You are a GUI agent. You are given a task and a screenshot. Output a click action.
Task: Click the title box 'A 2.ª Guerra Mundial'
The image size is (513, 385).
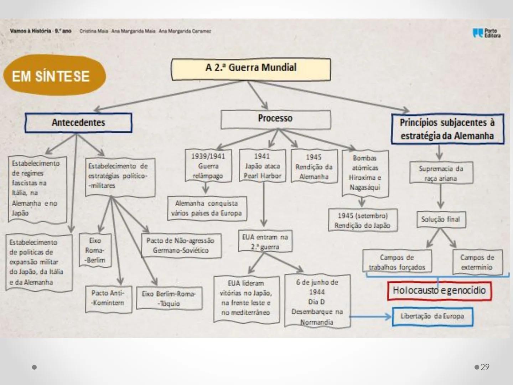click(251, 69)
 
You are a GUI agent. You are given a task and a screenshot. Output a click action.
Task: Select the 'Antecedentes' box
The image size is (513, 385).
click(78, 123)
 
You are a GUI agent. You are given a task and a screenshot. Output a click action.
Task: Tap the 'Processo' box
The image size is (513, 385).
click(275, 119)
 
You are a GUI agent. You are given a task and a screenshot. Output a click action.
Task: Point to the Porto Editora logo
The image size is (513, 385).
click(487, 33)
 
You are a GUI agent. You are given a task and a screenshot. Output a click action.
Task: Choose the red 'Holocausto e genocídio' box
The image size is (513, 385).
click(439, 291)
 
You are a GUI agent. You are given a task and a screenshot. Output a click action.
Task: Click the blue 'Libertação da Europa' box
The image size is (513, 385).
click(432, 316)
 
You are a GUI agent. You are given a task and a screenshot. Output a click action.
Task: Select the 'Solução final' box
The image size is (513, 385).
click(441, 219)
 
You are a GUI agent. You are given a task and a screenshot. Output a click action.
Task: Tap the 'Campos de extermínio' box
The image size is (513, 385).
click(477, 262)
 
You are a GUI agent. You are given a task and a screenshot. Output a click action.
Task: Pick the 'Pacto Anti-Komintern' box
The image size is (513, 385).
click(108, 298)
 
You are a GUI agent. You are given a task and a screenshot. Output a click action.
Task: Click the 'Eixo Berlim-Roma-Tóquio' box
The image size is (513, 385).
click(169, 298)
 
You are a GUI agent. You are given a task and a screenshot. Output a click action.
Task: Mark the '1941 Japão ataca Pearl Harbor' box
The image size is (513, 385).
click(262, 166)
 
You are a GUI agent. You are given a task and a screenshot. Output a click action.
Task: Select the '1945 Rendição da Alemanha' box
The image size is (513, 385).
click(314, 166)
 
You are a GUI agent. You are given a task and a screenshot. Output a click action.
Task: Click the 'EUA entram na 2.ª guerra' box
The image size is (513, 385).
click(265, 242)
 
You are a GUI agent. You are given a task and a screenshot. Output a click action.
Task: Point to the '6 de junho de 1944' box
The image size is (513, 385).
click(317, 302)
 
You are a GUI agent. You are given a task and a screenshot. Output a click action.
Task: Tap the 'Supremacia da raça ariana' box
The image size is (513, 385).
click(441, 173)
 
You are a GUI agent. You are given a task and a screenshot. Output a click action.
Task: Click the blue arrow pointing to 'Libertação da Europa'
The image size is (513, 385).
click(370, 316)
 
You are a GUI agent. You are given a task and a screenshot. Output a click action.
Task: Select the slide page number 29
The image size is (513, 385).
click(485, 367)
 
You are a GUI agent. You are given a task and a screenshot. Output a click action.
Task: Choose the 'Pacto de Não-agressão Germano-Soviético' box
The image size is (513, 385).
click(181, 246)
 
